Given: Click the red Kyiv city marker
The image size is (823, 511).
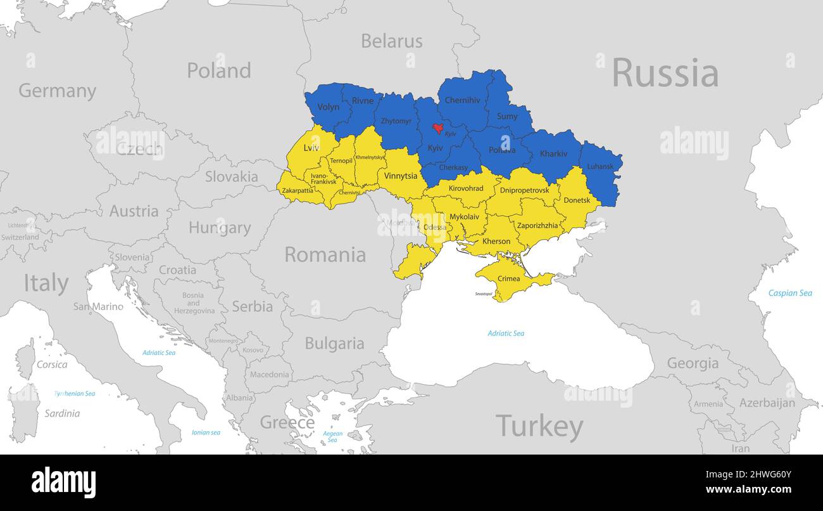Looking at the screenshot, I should pos(437,128).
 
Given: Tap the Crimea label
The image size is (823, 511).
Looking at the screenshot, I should pos(508,278).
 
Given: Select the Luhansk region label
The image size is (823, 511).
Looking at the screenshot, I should pos(600,167).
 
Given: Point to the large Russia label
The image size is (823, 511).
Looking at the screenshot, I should pos(665,73).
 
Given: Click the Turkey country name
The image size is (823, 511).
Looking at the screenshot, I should pos(539,427).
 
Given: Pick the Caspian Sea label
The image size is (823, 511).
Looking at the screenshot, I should pos(789,293).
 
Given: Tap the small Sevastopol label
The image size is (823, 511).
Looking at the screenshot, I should pos(484,294).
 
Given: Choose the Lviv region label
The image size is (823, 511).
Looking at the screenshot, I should pos(311,148).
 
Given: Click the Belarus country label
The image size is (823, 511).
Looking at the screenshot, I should pos(391,41).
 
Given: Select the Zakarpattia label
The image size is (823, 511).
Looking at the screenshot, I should pos(297,190).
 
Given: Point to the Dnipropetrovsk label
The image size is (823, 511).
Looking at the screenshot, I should pos(524,190).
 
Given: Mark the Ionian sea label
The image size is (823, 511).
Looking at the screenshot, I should pos(206,432).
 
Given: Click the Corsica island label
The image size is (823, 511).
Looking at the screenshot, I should pos(52,365).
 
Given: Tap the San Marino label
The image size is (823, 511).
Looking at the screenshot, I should pos(98,307).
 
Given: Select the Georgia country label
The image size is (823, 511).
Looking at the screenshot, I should pos(693,363).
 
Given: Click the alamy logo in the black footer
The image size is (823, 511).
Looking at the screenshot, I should pos(63,482).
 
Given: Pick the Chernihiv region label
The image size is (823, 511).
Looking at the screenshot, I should pos(462,100).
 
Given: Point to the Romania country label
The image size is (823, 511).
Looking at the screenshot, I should pos(325,255).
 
